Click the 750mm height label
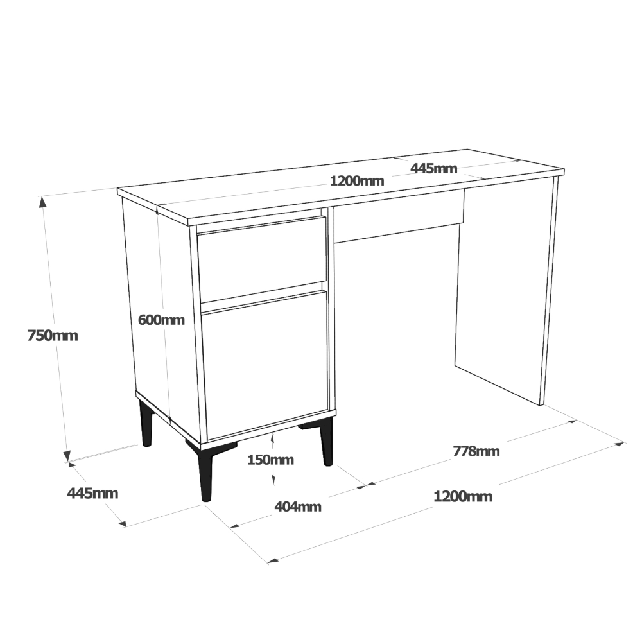[53, 336]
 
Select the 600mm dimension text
[161, 320]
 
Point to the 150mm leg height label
[271, 460]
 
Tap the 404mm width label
[298, 507]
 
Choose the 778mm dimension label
[476, 451]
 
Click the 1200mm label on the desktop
[357, 180]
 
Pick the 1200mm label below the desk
[463, 497]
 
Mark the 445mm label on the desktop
[433, 168]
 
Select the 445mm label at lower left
[92, 493]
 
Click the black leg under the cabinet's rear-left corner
[146, 424]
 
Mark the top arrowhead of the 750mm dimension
[42, 202]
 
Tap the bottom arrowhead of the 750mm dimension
[67, 456]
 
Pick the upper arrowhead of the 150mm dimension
[272, 438]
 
